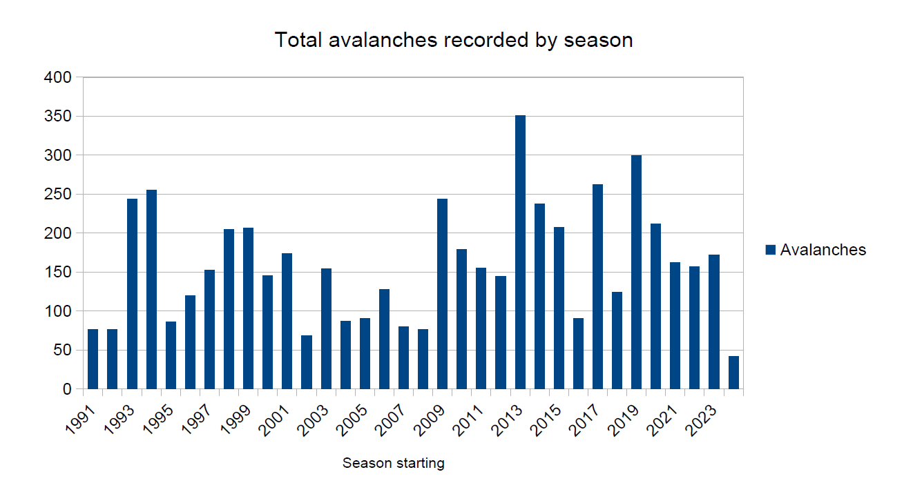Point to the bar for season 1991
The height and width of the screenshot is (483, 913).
pos(93,359)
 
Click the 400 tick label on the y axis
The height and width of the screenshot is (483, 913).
pos(58,78)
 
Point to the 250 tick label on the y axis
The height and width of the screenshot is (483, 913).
pos(58,195)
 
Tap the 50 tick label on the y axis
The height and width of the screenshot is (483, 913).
pos(62,351)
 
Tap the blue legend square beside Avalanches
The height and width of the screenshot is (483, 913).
pos(771,250)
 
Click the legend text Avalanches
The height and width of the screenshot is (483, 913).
pos(823,250)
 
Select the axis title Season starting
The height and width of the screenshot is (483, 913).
pos(394,463)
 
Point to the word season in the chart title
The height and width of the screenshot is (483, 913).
pos(598,40)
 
